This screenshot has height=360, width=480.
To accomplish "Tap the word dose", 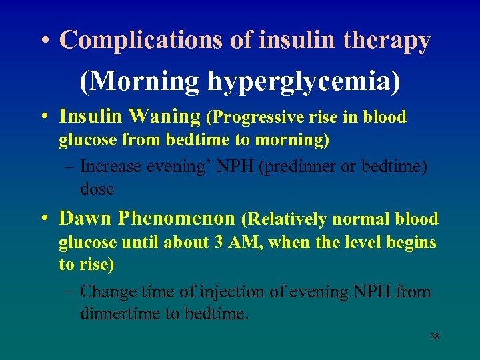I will (x=97, y=189).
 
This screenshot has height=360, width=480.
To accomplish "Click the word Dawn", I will (x=85, y=218).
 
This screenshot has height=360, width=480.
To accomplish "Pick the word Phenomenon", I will (x=177, y=218).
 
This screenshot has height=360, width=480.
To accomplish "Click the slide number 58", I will (x=434, y=337).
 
